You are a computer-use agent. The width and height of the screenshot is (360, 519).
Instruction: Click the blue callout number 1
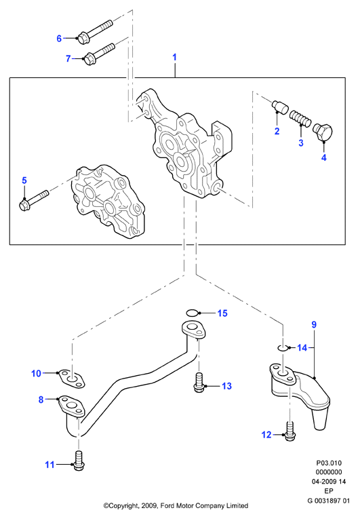point(174,57)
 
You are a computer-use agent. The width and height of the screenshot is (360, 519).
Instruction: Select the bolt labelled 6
point(95,31)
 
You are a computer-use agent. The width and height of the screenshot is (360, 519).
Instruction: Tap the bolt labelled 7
point(99,54)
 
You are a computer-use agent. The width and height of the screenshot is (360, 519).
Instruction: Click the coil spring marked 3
point(300,119)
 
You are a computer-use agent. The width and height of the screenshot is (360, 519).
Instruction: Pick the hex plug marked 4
point(323,133)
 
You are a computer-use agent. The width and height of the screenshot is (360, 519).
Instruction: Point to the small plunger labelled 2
point(280,107)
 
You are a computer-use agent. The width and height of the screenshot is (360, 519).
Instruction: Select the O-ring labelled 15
point(193,313)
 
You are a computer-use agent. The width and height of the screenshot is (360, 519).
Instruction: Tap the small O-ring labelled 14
point(282,348)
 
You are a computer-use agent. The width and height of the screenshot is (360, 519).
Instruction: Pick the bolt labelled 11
point(79,461)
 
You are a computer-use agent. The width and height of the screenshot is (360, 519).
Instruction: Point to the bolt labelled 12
point(290,431)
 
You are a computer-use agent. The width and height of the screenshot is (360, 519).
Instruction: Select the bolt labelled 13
point(199,383)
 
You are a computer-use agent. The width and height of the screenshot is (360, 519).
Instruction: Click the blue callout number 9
point(314,325)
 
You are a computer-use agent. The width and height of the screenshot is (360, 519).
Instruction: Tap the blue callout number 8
point(41,400)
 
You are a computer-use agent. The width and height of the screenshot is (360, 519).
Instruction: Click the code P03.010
point(329,463)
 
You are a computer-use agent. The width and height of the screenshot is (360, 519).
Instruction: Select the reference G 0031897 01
point(328,501)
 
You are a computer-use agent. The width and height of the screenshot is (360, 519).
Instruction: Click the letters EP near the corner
point(329,491)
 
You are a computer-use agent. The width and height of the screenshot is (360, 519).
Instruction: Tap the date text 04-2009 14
point(329,482)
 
